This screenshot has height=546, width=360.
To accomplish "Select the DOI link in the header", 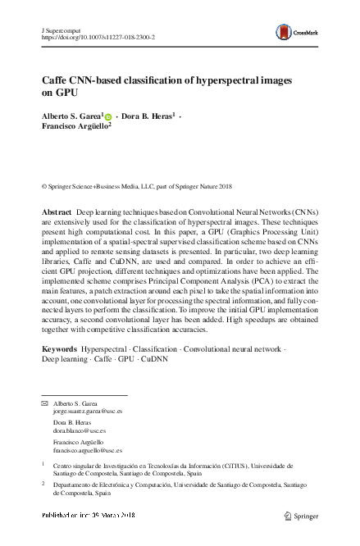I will pyautogui.click(x=103, y=38).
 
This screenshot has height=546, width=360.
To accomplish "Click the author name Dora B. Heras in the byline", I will pyautogui.click(x=148, y=117).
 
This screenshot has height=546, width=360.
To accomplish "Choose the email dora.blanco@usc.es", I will pyautogui.click(x=80, y=430).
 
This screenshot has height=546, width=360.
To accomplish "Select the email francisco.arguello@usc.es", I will pyautogui.click(x=88, y=450).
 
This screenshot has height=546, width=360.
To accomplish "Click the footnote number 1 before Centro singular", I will pyautogui.click(x=43, y=463).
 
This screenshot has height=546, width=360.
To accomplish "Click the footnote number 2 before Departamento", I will pyautogui.click(x=43, y=484).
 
